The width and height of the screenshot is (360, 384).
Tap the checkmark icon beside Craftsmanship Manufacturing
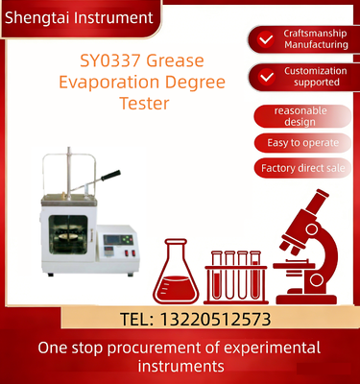pos(266,39)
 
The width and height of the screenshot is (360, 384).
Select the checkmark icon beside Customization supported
pos(267,77)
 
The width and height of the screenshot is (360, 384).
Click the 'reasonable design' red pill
pos(302,116)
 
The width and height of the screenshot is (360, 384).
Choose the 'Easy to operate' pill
pos(302,143)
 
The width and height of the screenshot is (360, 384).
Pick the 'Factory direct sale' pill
pos(302,168)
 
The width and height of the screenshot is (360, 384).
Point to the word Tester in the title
pos(144,104)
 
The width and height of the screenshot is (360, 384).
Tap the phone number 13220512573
pos(215,319)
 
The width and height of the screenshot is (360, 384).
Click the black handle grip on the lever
pos(110,175)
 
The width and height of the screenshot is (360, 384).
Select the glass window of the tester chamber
pos(68,234)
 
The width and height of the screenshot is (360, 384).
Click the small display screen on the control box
pos(112,239)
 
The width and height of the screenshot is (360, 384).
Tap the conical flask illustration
pos(176,272)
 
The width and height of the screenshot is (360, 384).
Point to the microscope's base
pos(306,300)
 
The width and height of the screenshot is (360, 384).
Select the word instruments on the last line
pos(180,366)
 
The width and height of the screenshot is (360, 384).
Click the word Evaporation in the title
pos(109,83)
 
